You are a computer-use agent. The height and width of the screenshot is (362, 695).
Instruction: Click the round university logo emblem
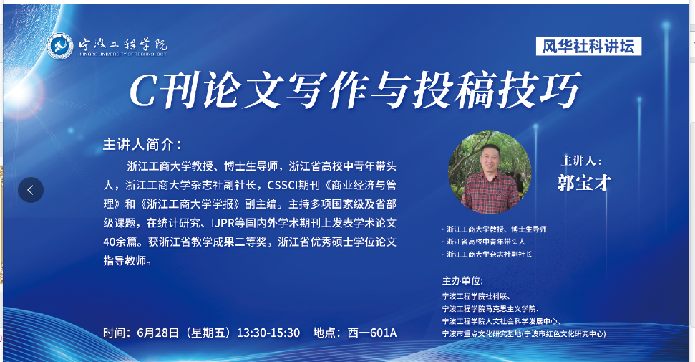[60, 46]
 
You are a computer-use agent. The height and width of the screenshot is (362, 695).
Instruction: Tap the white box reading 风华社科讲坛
[588, 46]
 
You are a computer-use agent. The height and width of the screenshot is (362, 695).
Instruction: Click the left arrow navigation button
[31, 190]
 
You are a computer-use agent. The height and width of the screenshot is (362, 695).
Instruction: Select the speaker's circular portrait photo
[490, 172]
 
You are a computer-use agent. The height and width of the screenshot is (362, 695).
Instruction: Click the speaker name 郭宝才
[584, 183]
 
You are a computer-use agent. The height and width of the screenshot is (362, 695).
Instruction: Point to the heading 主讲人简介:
[142, 144]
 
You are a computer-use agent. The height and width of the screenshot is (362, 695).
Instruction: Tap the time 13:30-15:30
[268, 333]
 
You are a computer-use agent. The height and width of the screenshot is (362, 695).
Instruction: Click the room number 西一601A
[372, 333]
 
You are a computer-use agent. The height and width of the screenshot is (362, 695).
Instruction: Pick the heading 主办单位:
[462, 281]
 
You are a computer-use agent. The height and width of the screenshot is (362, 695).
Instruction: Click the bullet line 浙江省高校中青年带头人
[485, 242]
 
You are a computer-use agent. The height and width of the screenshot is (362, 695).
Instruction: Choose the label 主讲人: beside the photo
[581, 161]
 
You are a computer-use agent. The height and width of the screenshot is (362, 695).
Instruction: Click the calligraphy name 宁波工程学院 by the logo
[123, 44]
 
